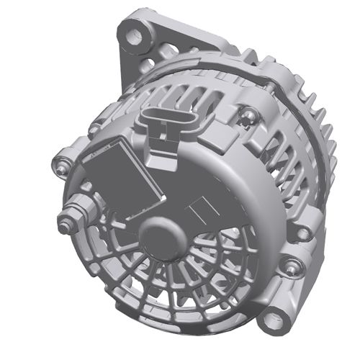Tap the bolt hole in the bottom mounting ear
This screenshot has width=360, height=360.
(x=274, y=318)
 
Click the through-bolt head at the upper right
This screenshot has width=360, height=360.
(x=248, y=112)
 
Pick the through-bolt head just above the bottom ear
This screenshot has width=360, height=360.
(x=290, y=267)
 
